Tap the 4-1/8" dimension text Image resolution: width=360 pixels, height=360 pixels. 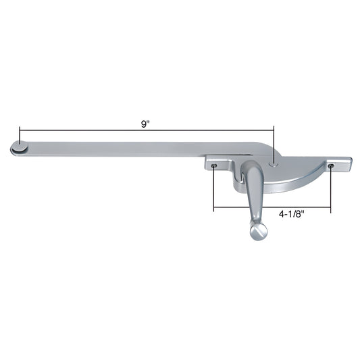coord(292,215)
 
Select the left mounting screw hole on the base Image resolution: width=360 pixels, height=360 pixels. coord(214,165)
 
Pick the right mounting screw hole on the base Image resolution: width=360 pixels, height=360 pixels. coord(331,165)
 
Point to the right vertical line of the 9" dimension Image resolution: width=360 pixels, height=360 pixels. coord(274,142)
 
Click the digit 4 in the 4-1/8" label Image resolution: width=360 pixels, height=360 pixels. coord(280,215)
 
